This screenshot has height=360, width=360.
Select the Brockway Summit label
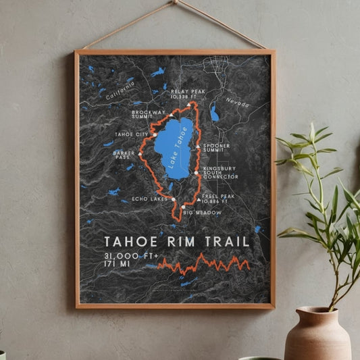149,114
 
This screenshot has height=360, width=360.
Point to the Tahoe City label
132,134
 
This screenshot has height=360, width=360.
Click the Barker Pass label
123,155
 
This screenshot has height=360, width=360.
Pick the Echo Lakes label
149,199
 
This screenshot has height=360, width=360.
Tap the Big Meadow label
201,212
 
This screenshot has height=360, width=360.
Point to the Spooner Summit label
217,147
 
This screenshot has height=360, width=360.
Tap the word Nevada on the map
237,103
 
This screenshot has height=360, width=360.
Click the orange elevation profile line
203,263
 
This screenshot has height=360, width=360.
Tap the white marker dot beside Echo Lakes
174,199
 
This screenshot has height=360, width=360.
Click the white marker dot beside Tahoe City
155,134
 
